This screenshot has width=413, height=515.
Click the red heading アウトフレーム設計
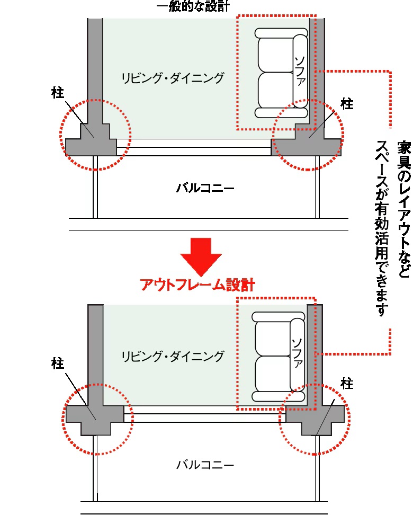pos(198,286)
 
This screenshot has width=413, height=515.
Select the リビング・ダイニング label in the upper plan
pos(173,78)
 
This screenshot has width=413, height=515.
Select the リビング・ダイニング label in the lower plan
pos(173,356)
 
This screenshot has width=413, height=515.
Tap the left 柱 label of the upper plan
pos(58,94)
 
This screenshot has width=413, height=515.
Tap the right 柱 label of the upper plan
pos(347,104)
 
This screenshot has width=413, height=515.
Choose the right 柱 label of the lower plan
pos(347,384)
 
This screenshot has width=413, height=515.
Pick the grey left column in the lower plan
pos(95,413)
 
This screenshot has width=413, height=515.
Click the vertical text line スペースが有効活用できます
pos(382,228)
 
